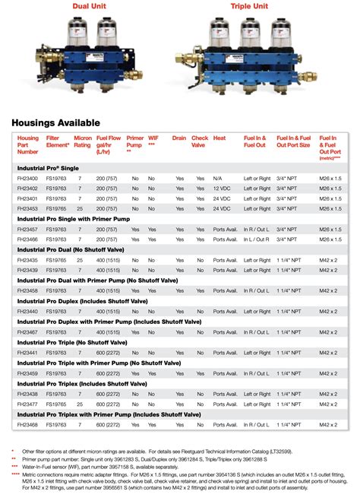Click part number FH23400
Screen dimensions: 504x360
[28, 177]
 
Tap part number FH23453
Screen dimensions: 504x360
[28, 207]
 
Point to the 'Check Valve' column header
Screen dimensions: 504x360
[200, 143]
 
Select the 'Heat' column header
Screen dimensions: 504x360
[219, 138]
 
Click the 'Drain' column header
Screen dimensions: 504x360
[179, 138]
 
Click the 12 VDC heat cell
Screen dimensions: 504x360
[221, 187]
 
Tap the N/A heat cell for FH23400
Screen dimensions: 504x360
[218, 177]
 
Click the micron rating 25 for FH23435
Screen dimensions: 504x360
[79, 259]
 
